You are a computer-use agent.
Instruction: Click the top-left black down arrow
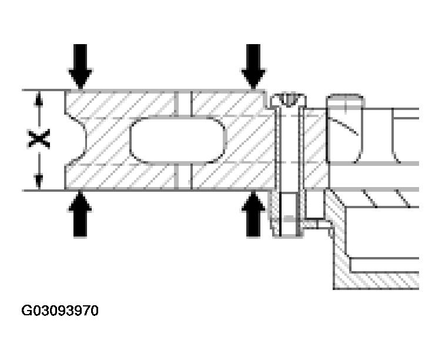tap(81, 66)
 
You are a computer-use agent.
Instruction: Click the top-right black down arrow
tap(253, 66)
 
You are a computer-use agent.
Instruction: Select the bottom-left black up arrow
tap(81, 214)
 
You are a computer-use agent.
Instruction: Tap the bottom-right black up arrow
tap(253, 214)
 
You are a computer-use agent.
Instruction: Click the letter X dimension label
tap(39, 139)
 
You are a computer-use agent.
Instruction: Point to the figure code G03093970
tap(60, 311)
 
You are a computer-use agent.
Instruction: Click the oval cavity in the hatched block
tap(178, 140)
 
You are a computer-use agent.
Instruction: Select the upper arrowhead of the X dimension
tap(39, 99)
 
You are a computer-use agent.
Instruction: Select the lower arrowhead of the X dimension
tap(39, 181)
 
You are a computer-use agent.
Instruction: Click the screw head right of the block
tap(288, 100)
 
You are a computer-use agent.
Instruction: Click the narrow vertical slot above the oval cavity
tap(183, 104)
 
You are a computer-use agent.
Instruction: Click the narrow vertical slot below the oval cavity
tap(183, 176)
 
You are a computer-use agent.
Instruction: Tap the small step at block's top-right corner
tap(268, 99)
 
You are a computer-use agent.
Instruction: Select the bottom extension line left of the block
tap(43, 191)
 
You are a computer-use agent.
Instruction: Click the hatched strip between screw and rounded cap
tap(314, 148)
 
